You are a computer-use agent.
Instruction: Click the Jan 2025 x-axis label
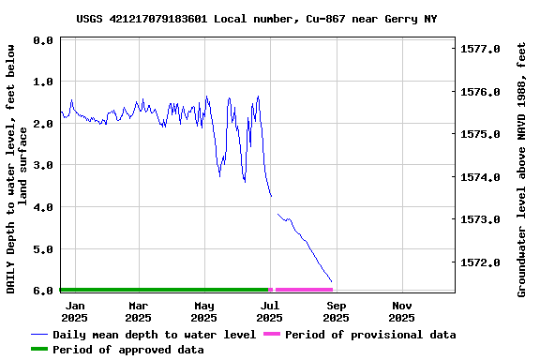[75, 311]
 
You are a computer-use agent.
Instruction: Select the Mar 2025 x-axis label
[139, 311]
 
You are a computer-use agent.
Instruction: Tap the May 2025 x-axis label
[204, 311]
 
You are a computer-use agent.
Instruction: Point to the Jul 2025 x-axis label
[270, 311]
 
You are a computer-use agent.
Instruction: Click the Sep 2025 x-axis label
[337, 311]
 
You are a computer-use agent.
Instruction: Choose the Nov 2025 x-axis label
[402, 311]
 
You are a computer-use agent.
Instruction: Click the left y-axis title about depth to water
[17, 167]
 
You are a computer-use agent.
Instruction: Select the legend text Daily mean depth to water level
[155, 335]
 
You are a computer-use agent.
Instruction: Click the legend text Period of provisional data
[370, 335]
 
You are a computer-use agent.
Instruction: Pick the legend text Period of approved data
[128, 350]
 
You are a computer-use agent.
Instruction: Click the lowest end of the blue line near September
[332, 281]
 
